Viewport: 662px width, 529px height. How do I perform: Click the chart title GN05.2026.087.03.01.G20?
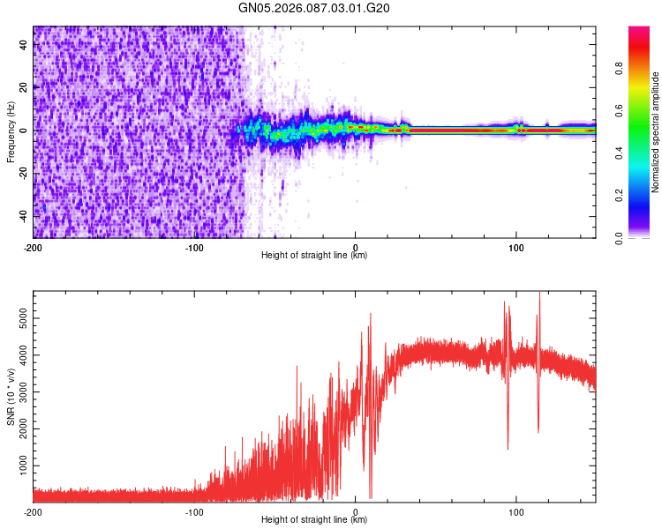click(x=314, y=8)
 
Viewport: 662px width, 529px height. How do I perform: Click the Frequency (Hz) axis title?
click(x=11, y=133)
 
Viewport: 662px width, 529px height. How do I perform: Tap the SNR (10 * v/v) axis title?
click(x=11, y=396)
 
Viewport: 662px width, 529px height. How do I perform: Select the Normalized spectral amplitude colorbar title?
click(x=655, y=132)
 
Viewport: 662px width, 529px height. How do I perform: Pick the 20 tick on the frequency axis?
click(x=26, y=87)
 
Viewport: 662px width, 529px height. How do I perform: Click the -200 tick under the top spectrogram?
click(x=34, y=246)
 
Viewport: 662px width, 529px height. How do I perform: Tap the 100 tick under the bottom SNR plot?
click(x=516, y=511)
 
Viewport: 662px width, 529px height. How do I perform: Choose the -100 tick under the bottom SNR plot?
click(x=194, y=511)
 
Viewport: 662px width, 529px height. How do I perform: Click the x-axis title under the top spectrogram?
click(x=314, y=256)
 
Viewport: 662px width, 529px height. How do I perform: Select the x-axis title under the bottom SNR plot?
click(x=314, y=520)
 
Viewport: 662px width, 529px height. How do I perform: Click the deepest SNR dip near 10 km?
click(x=371, y=497)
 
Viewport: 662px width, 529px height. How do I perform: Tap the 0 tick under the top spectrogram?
click(x=356, y=246)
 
